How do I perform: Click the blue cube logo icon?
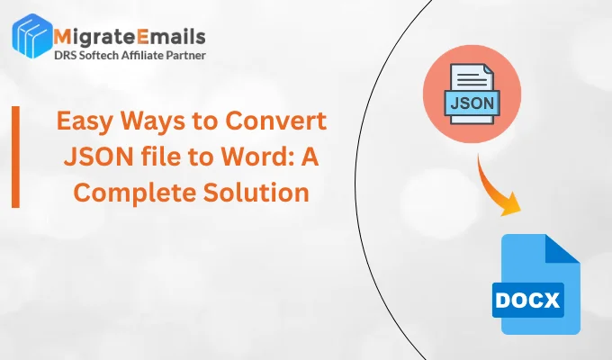click(32, 36)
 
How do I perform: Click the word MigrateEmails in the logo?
click(130, 37)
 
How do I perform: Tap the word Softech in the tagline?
click(98, 56)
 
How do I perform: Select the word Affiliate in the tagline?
click(142, 56)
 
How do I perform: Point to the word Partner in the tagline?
click(186, 56)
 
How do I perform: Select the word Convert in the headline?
click(276, 121)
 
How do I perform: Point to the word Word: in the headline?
click(257, 157)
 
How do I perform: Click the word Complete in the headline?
click(135, 193)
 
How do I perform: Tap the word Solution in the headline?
click(256, 192)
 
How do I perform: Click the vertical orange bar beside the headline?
click(15, 157)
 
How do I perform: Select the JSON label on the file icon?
click(472, 103)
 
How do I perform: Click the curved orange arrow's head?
click(511, 205)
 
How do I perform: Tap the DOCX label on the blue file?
click(527, 301)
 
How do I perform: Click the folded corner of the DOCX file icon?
click(562, 249)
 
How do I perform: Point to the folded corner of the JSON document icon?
click(489, 70)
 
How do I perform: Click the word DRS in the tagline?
click(65, 56)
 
